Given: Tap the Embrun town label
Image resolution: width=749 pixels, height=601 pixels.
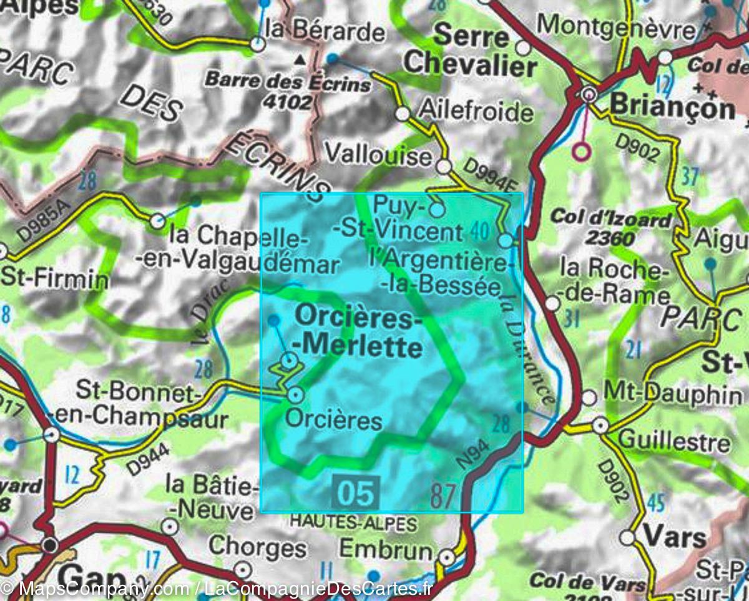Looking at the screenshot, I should (x=385, y=550).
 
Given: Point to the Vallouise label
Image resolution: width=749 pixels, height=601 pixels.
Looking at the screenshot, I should (x=379, y=154).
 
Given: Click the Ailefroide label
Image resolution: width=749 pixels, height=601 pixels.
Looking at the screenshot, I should (x=477, y=112).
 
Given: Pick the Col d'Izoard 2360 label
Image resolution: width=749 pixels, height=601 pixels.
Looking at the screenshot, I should (x=610, y=228).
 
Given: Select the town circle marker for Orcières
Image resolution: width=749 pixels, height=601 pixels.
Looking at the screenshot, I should (x=296, y=394).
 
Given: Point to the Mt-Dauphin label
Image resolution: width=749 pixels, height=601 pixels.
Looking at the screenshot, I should (x=673, y=394).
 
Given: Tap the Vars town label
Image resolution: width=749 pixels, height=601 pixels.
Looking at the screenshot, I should (x=675, y=537).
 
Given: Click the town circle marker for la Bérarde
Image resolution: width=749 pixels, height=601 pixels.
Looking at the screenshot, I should (x=258, y=44).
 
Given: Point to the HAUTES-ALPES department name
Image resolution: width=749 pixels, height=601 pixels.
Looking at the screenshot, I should (x=353, y=522).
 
